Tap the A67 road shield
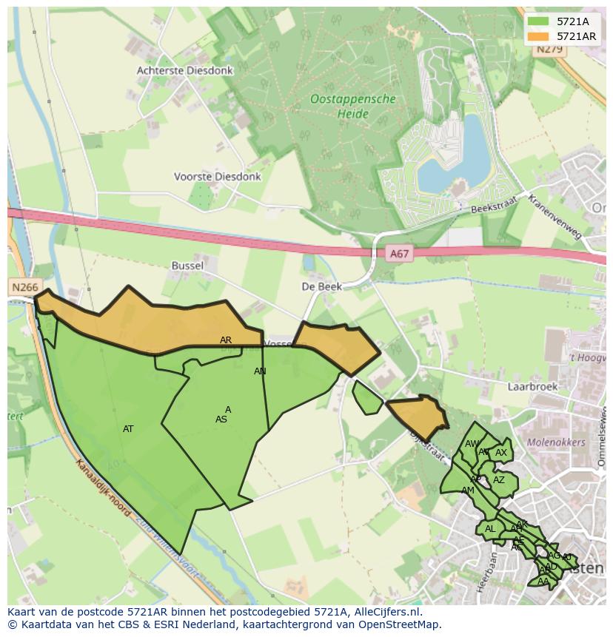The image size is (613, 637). [399, 254]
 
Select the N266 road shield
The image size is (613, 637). [24, 287]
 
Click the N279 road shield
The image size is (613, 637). [550, 49]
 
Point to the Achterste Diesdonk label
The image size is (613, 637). [184, 70]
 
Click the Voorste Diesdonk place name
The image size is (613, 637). [217, 177]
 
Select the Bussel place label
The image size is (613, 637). [187, 265]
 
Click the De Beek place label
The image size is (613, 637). [320, 286]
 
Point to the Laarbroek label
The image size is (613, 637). [532, 385]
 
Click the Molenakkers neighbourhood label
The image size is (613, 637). [556, 442]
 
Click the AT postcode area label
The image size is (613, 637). [128, 429]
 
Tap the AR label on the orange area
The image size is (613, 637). [226, 340]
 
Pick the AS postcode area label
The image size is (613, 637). [221, 419]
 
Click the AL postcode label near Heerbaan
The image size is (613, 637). [489, 529]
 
